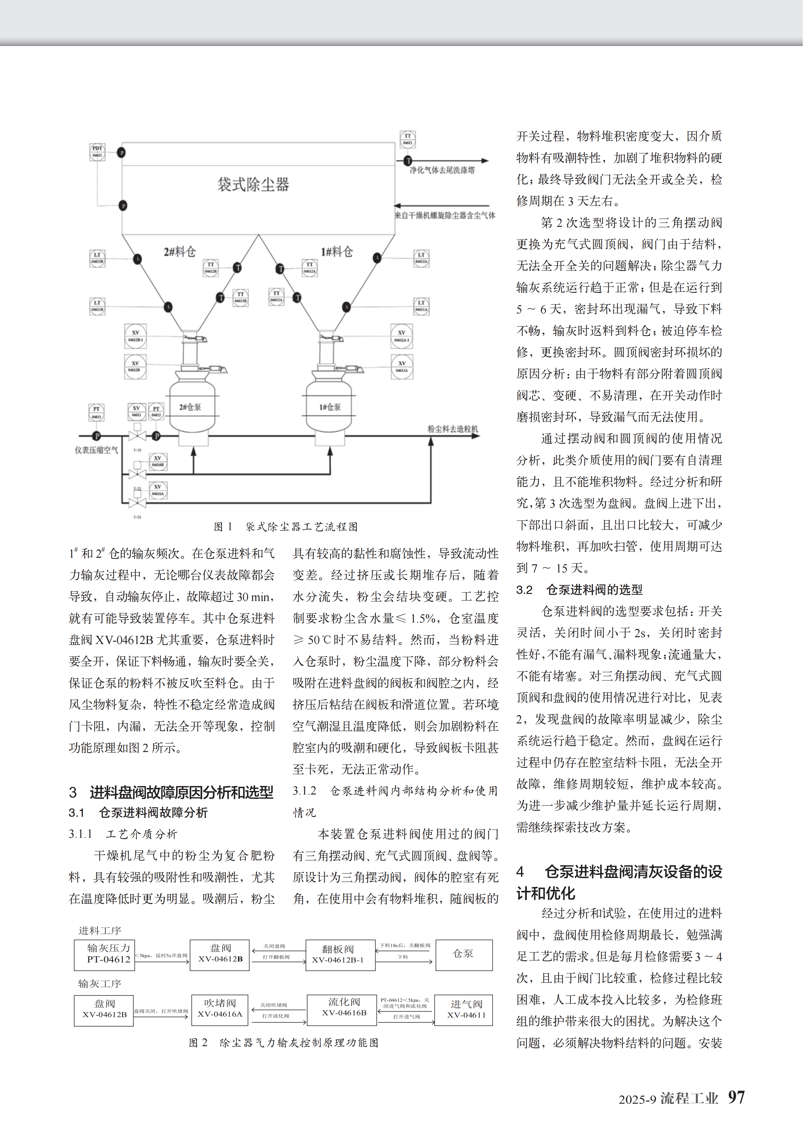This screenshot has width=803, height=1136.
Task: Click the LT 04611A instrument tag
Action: tap(421, 306)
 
